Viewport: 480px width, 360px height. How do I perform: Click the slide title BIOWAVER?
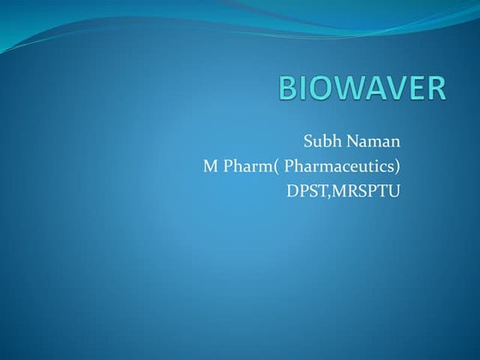[363, 88]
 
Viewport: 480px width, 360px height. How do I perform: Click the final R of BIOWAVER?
[435, 88]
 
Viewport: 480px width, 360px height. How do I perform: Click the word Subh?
[321, 141]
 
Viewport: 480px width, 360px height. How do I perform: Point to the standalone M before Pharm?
[210, 165]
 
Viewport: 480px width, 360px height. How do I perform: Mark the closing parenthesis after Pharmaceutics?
[398, 165]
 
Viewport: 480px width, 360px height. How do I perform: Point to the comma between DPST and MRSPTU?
[327, 195]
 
